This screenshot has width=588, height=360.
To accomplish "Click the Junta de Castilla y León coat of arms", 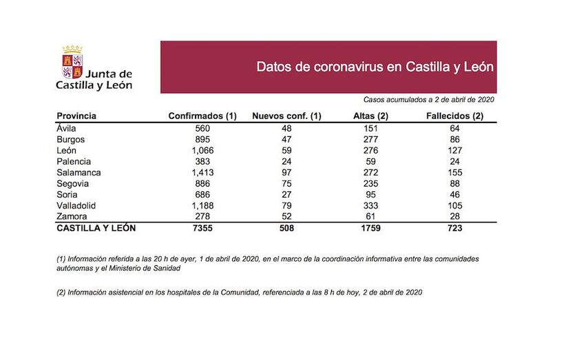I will pyautogui.click(x=72, y=61).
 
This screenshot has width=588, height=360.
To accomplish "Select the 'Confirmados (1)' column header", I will pyautogui.click(x=202, y=116).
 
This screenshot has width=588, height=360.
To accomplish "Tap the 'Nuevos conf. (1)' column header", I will pyautogui.click(x=287, y=116).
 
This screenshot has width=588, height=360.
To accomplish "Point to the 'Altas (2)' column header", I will pyautogui.click(x=370, y=116).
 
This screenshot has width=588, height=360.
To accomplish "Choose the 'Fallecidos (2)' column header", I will pyautogui.click(x=455, y=116).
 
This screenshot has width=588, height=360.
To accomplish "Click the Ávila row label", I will pyautogui.click(x=67, y=128).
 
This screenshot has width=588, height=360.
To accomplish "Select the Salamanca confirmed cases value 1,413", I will pyautogui.click(x=202, y=173).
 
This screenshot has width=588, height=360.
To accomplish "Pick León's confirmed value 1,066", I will pyautogui.click(x=202, y=151).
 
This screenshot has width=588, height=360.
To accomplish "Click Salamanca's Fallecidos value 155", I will pyautogui.click(x=455, y=173).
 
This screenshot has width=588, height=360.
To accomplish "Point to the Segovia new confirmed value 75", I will pyautogui.click(x=287, y=184).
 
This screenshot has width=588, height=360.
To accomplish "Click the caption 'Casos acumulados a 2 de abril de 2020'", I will pyautogui.click(x=429, y=99).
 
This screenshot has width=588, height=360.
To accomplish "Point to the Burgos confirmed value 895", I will pyautogui.click(x=202, y=139).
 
